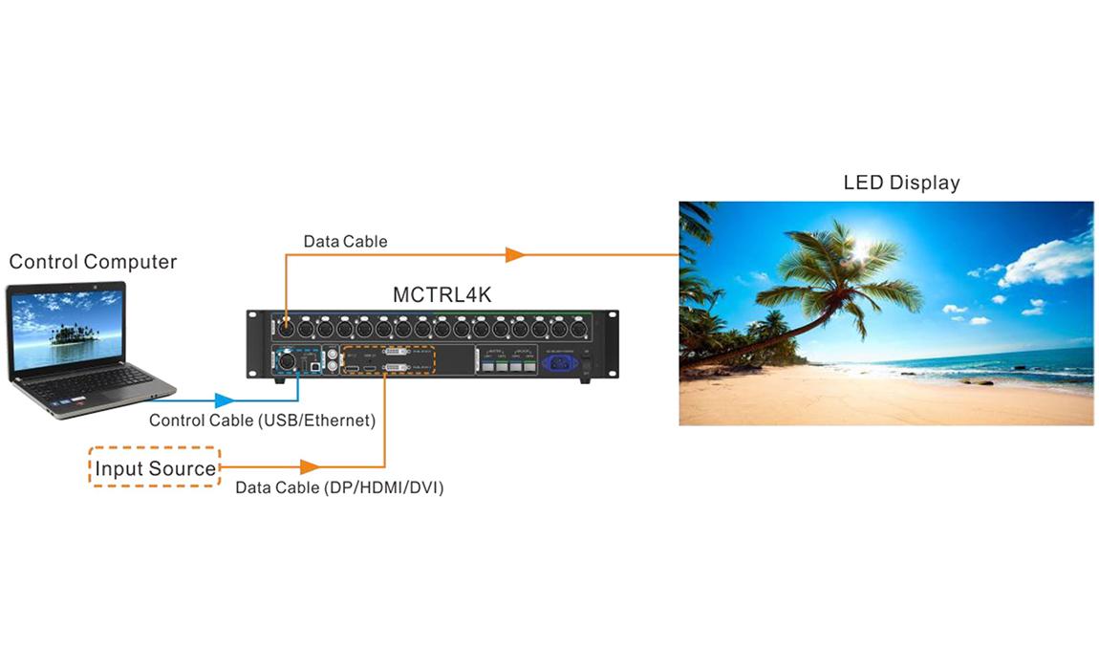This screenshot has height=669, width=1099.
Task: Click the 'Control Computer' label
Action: click(x=93, y=261)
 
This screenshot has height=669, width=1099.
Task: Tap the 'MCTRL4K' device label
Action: click(x=442, y=294)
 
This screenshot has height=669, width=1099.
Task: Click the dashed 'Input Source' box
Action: click(x=155, y=468)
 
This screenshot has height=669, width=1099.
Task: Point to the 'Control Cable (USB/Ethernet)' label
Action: click(x=262, y=421)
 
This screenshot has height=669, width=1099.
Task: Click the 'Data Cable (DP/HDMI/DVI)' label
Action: click(x=339, y=487)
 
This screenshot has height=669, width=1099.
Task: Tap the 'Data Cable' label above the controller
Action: click(x=345, y=242)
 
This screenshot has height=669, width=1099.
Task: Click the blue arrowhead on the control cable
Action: click(x=225, y=400)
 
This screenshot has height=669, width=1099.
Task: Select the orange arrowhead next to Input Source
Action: click(x=308, y=467)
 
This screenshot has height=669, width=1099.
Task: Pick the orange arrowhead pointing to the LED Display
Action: click(x=515, y=255)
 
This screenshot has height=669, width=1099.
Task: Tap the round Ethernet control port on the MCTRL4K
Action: click(x=285, y=362)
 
